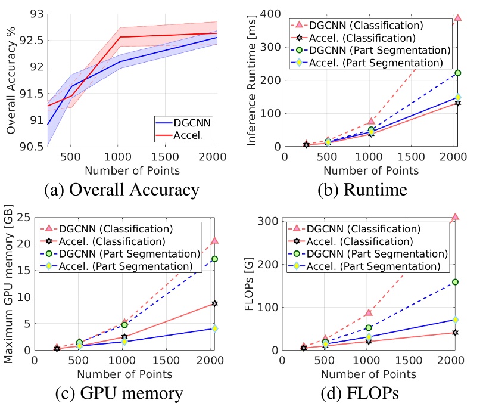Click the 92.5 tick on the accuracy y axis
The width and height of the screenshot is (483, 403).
coord(28,40)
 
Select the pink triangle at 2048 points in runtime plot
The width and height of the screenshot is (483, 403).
coord(457,17)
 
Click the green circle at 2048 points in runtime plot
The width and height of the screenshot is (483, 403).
coord(457,73)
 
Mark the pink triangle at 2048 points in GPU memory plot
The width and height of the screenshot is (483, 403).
coord(214,240)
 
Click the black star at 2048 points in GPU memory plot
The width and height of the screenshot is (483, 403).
coord(214,303)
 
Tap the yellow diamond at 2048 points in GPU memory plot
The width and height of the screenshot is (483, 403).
coord(214,328)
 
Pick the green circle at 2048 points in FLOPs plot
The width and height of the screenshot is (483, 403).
coord(455,281)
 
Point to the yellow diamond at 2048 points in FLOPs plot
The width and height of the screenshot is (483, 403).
coord(455,320)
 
